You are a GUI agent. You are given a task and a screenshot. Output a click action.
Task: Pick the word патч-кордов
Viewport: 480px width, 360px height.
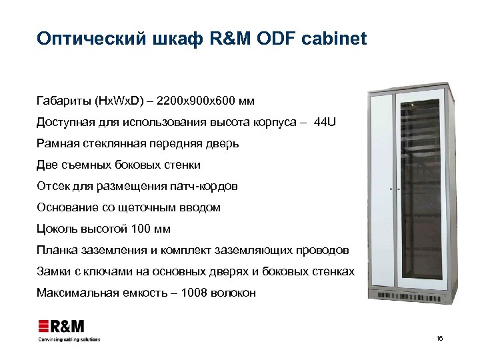pyautogui.click(x=204, y=186)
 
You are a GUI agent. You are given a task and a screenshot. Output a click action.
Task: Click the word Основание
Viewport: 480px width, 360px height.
pyautogui.click(x=69, y=207)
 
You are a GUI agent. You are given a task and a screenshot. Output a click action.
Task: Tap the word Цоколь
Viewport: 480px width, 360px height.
pyautogui.click(x=57, y=229)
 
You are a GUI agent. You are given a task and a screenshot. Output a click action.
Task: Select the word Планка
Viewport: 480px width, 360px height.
pyautogui.click(x=58, y=250)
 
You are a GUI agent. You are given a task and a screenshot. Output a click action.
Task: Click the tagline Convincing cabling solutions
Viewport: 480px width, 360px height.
pyautogui.click(x=69, y=339)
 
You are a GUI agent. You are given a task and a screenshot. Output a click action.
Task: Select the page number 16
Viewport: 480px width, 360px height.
pyautogui.click(x=439, y=339)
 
